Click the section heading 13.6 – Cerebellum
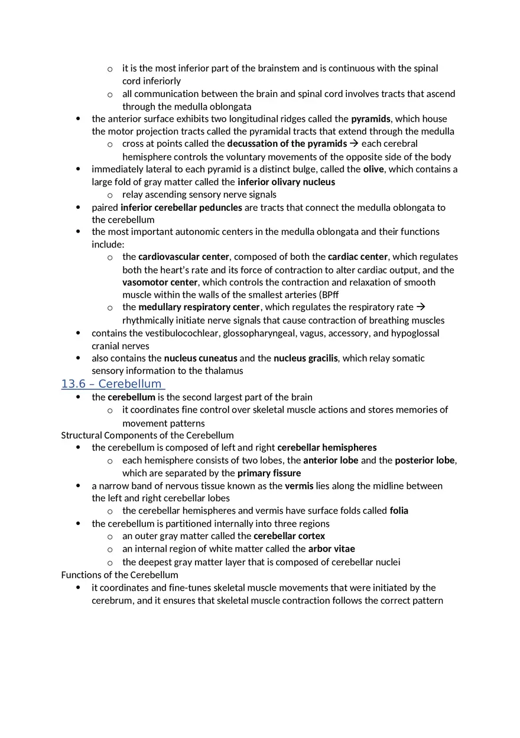tap(112, 384)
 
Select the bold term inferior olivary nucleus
tap(286, 182)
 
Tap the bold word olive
tap(373, 169)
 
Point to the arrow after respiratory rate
tap(421, 307)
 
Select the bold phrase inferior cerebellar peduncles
tap(181, 208)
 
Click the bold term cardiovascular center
tap(184, 257)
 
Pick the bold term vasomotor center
tap(160, 282)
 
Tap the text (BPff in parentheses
tap(329, 295)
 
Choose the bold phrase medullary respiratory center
tap(199, 307)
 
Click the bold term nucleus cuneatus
tap(200, 358)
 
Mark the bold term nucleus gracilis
tap(305, 358)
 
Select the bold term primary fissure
tap(269, 473)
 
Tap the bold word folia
tap(399, 511)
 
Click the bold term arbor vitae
tap(331, 549)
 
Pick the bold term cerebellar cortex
tap(289, 536)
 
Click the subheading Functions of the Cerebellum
tap(119, 575)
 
